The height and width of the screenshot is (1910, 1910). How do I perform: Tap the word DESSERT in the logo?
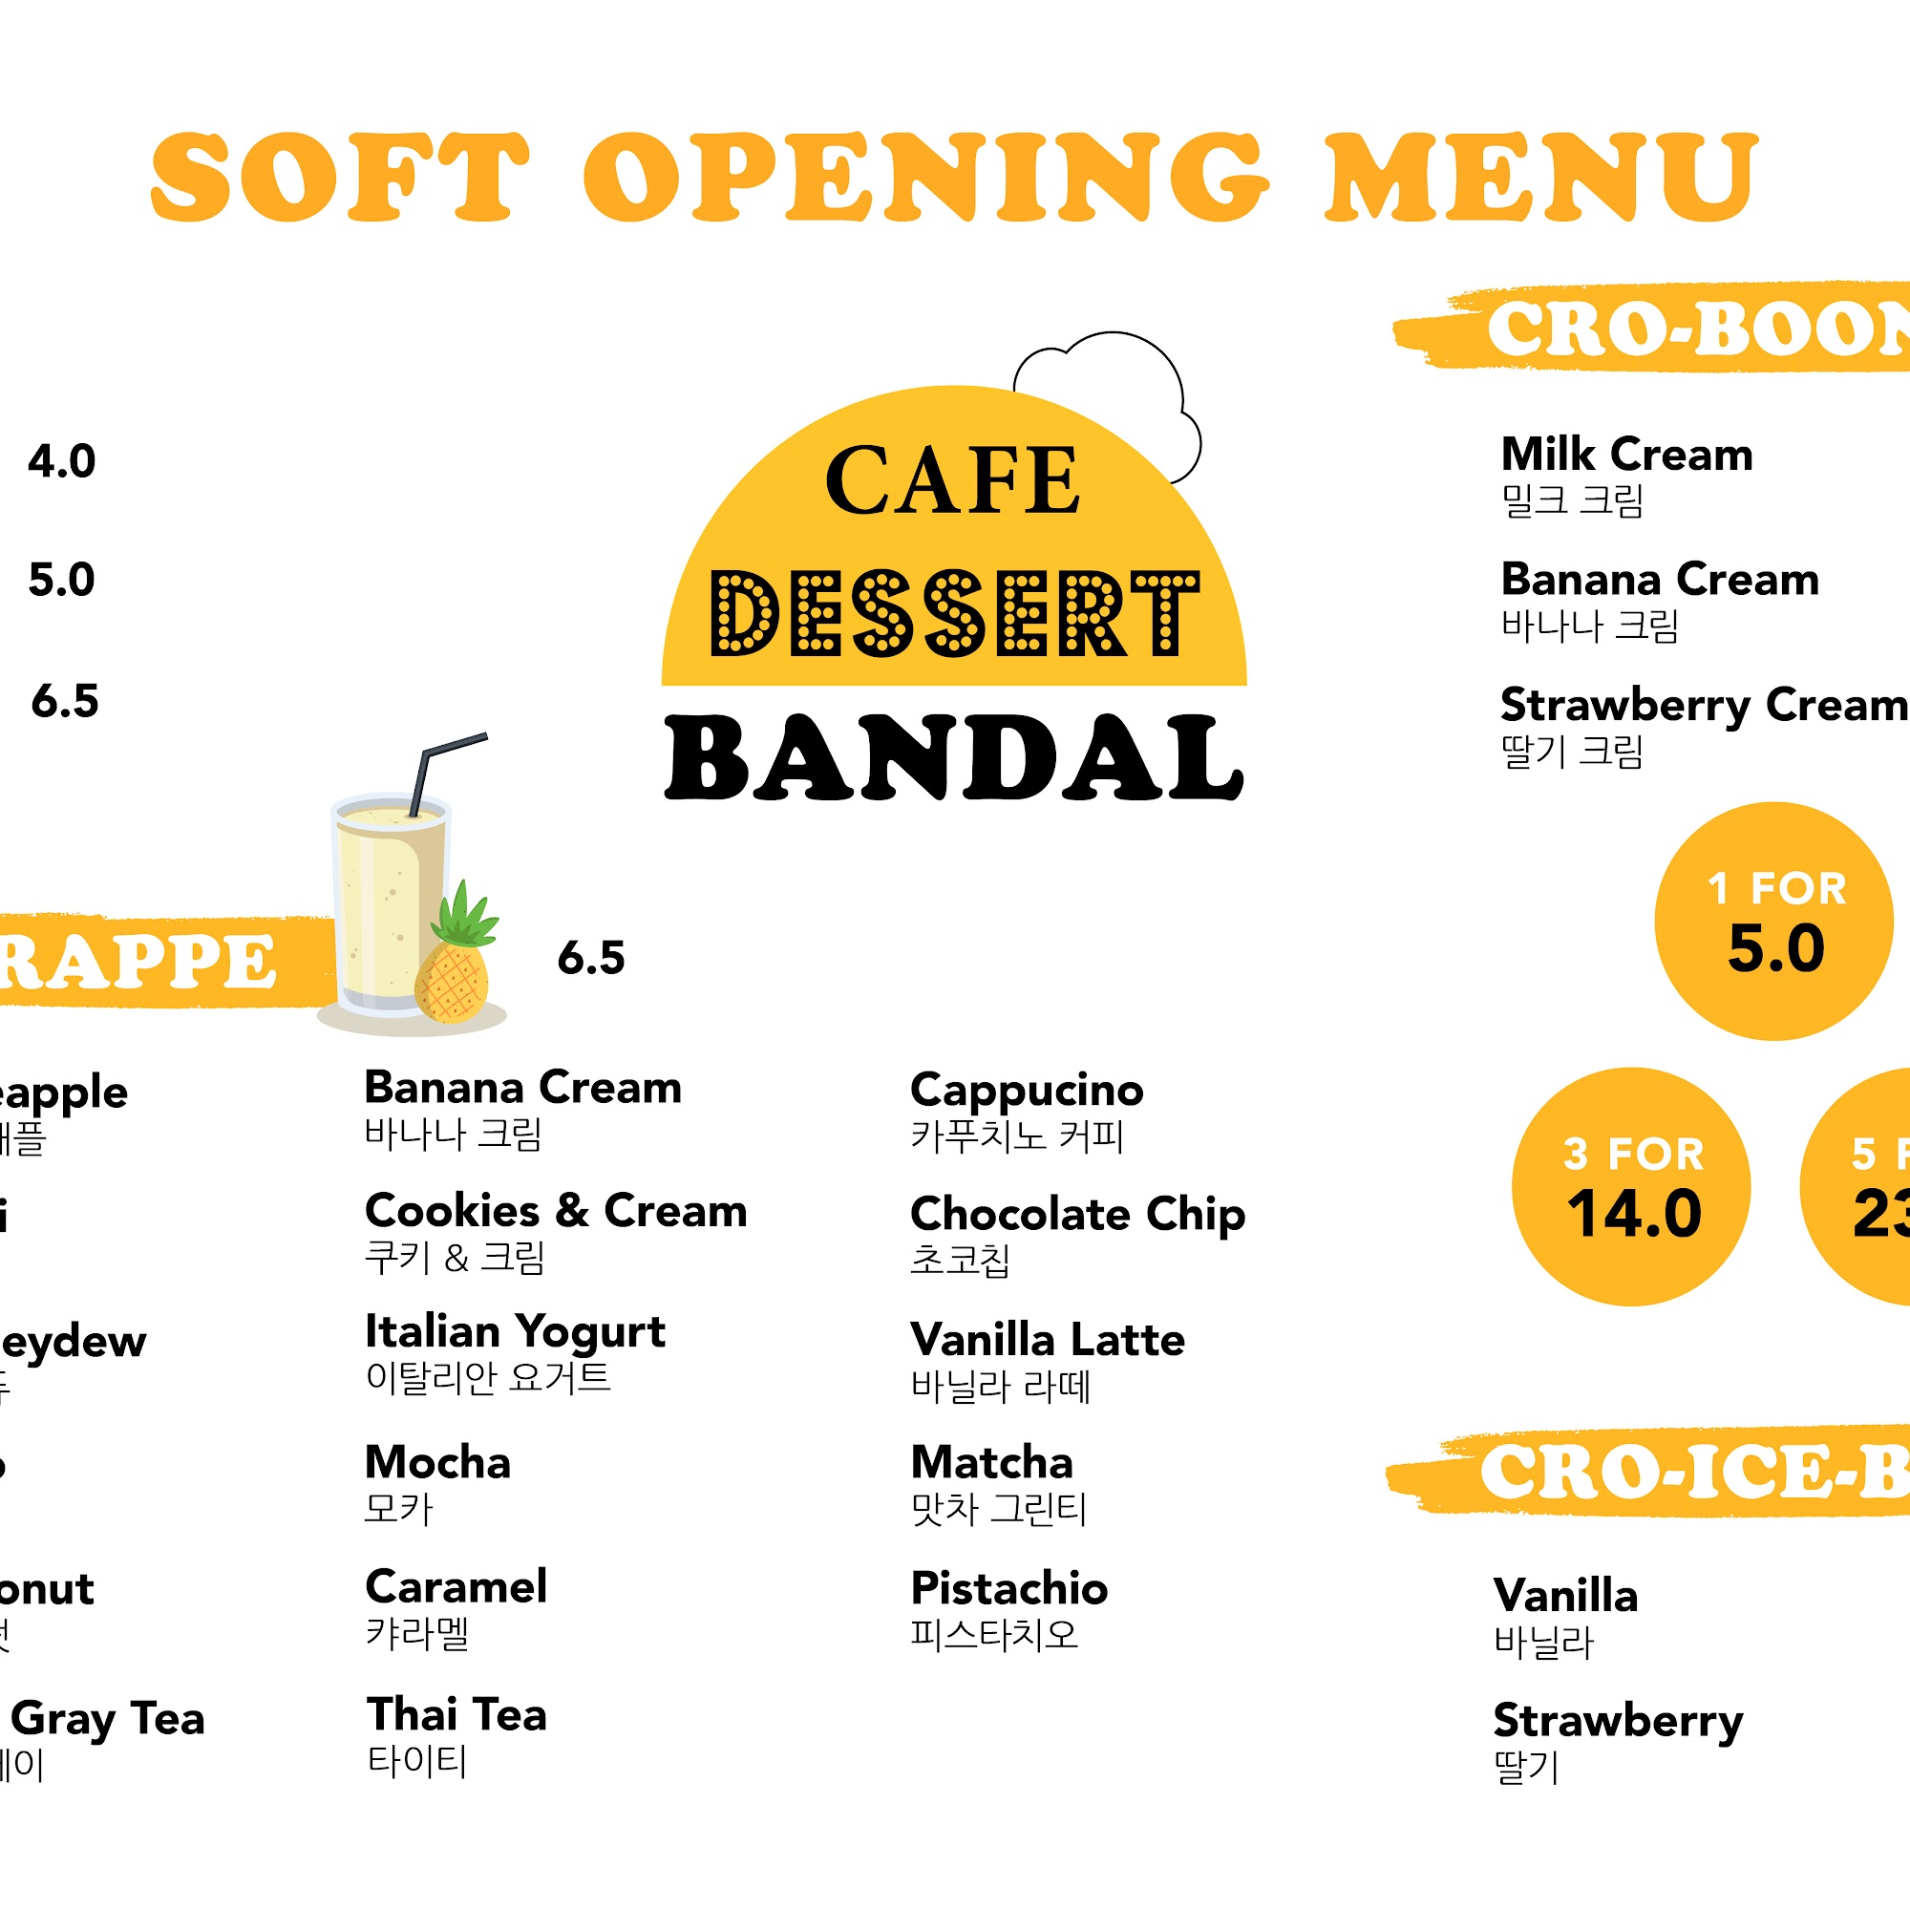pos(954,614)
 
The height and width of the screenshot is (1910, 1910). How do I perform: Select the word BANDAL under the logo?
pos(954,758)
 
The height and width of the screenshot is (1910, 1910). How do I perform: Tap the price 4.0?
pos(61,461)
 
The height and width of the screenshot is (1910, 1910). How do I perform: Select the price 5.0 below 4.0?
pos(61,581)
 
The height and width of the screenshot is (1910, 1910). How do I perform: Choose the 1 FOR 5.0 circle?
pos(1774,922)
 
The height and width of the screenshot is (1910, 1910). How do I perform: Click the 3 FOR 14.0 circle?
pos(1631,1186)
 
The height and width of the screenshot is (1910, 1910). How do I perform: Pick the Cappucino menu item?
pos(1027,1091)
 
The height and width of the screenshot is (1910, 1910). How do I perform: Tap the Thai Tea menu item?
pos(456,1715)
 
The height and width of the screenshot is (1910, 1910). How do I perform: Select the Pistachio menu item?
pos(1008,1589)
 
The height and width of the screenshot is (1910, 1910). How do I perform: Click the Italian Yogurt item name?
pos(515,1332)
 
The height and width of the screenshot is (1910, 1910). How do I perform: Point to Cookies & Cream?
pos(556,1211)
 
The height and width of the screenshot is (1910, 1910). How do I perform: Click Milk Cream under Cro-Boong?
pos(1626,456)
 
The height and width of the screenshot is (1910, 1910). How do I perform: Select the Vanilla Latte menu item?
pos(1047,1341)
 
